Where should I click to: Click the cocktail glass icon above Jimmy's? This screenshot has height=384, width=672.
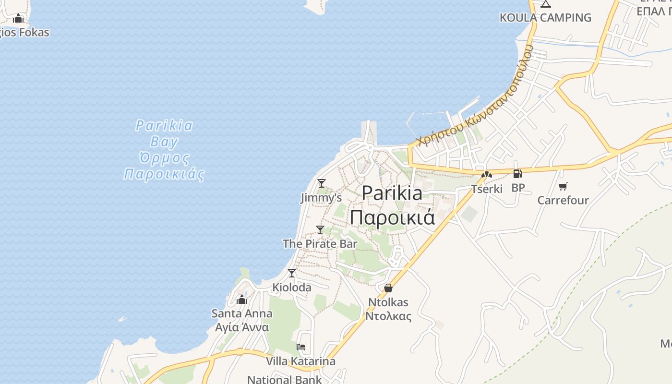click(322, 183)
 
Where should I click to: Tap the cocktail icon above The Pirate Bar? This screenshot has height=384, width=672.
click(320, 229)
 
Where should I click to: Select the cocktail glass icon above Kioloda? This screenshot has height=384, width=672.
click(292, 273)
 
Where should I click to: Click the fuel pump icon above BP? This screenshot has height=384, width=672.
click(517, 174)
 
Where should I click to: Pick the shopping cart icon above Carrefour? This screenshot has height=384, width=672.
click(563, 186)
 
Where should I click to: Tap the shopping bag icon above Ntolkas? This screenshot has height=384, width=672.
click(388, 288)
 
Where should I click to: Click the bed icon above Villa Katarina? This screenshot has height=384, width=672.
click(301, 347)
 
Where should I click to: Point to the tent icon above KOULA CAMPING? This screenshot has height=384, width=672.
click(545, 4)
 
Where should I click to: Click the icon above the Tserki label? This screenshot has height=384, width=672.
click(487, 175)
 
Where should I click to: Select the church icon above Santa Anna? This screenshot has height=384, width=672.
click(242, 300)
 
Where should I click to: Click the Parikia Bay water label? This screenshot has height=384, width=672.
click(164, 133)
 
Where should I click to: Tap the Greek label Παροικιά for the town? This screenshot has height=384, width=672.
click(392, 217)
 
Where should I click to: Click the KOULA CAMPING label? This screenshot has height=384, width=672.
click(545, 18)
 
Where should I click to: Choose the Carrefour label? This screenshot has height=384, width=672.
click(563, 200)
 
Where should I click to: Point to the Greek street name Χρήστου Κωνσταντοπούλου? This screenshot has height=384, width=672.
click(475, 96)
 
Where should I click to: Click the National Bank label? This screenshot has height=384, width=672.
click(285, 379)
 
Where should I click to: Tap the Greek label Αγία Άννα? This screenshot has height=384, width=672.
click(242, 327)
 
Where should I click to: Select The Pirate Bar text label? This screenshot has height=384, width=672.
click(320, 244)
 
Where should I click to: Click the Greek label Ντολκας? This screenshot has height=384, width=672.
click(389, 316)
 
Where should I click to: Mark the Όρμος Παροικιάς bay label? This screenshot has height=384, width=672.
click(164, 166)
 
